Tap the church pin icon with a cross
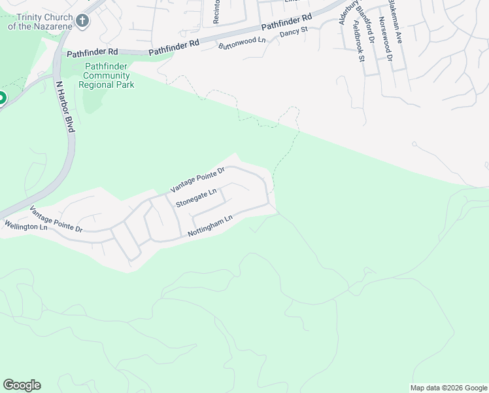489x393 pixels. coord(82,21)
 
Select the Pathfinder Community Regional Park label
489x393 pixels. coord(107,75)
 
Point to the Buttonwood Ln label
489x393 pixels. coord(243,43)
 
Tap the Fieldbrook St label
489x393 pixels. coord(357,41)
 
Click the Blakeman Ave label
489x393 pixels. coord(396,22)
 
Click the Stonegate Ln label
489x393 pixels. coord(195,198)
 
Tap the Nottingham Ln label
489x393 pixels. coord(210,226)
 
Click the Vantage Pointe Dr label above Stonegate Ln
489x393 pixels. coord(197,179)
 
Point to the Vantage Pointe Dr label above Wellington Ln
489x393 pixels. coord(56,220)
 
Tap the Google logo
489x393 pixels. coord(22,385)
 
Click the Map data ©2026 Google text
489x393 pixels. coord(448,388)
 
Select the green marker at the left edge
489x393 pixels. coord(1,99)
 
